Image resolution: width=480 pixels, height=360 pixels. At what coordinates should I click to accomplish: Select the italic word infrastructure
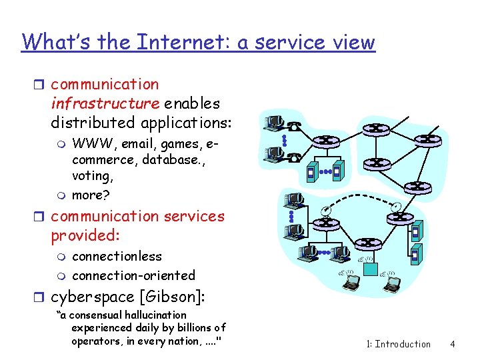tap(105, 103)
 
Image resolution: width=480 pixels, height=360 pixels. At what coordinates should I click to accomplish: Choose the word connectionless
tap(117, 256)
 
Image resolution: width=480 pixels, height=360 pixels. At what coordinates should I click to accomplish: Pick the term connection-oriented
tap(133, 275)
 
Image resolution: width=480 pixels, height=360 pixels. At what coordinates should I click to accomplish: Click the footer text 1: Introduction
tap(399, 344)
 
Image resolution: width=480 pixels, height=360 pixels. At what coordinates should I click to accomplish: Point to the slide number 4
tap(452, 344)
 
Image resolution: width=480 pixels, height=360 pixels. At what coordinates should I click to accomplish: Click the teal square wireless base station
tap(370, 269)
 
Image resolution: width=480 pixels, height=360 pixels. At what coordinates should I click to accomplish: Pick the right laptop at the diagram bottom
tap(409, 284)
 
